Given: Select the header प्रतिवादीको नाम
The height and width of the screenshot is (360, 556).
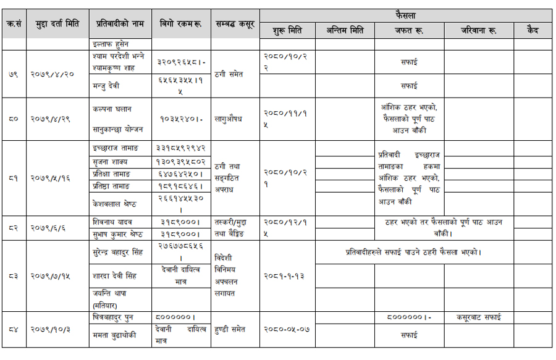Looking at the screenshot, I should (x=120, y=24).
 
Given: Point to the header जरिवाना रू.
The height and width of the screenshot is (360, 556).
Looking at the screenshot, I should (x=478, y=30).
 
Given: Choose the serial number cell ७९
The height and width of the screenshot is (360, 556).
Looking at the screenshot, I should (x=13, y=73).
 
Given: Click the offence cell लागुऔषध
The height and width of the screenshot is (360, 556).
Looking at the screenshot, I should (x=228, y=119).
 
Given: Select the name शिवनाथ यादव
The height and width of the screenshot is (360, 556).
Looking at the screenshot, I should (x=112, y=222).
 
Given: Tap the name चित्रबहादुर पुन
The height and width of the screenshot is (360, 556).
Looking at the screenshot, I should (x=116, y=317).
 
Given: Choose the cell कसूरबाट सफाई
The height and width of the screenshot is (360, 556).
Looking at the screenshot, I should (x=478, y=317).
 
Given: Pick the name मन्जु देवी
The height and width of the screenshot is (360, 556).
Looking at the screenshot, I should (x=107, y=86).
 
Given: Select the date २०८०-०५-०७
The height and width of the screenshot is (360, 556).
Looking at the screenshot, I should (x=286, y=329).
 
